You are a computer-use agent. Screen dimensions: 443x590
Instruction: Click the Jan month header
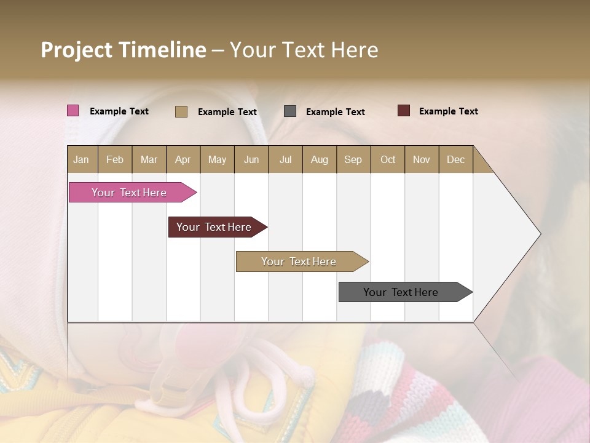[81, 159]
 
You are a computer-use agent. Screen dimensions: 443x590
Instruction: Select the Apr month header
[183, 159]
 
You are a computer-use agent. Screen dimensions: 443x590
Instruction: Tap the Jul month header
[285, 159]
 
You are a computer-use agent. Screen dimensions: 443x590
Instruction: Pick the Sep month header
[353, 159]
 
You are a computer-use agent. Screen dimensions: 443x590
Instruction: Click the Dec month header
[455, 159]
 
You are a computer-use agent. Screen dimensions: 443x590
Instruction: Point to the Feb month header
[115, 159]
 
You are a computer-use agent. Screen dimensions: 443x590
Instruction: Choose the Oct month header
[388, 159]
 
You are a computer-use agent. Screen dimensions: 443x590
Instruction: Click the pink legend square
[73, 111]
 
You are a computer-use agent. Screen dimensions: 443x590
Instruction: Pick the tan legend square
[181, 111]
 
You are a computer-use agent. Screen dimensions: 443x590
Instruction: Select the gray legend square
[290, 111]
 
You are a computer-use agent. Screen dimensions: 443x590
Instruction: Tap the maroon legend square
[404, 111]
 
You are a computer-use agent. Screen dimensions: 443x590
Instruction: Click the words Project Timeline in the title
[124, 50]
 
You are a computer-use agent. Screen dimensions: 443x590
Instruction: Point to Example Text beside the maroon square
[448, 111]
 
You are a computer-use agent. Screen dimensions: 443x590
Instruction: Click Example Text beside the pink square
[119, 111]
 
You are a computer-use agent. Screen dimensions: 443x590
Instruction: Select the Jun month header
[251, 159]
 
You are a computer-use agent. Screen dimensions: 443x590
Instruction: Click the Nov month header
[422, 159]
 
